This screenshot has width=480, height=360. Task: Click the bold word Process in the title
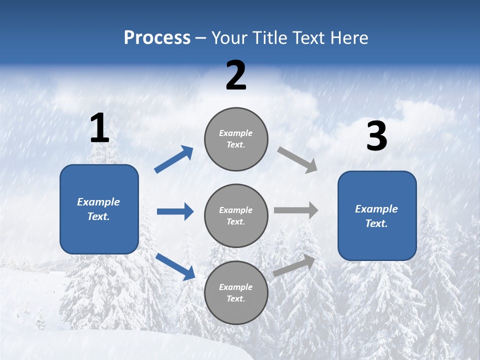157,38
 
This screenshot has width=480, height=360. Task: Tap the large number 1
99,128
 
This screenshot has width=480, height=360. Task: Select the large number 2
236,76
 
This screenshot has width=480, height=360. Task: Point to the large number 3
377,136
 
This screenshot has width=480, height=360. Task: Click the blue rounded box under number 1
99,209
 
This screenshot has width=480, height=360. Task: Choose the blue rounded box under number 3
377,216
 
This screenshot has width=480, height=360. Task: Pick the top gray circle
236,139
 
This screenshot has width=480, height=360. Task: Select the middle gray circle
236,215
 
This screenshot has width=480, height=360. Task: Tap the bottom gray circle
236,292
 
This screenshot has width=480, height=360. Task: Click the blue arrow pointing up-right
174,159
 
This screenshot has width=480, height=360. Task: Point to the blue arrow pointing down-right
175,266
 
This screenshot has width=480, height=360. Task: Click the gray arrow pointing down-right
297,160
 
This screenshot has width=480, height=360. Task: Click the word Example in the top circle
236,133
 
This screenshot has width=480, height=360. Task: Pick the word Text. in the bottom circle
236,298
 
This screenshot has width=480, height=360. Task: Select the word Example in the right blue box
376,209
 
